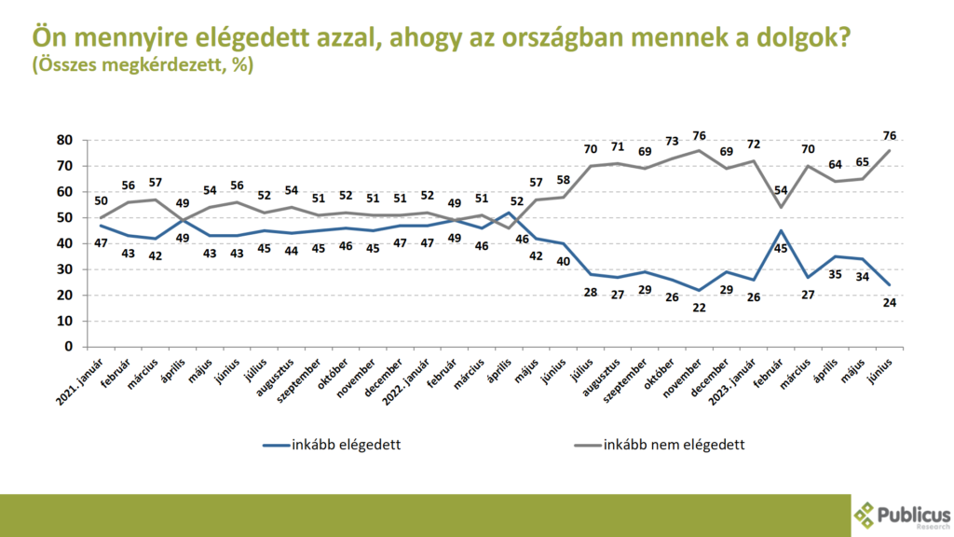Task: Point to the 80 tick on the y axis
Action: [x=64, y=140]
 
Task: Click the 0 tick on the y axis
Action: [x=69, y=347]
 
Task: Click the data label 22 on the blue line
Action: [x=699, y=308]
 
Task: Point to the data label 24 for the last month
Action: [x=890, y=303]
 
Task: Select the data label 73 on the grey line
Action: [x=672, y=141]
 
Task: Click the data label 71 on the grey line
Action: [x=618, y=146]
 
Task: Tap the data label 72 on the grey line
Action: [x=753, y=145]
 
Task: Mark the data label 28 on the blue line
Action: [x=591, y=292]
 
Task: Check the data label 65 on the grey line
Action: [x=862, y=162]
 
